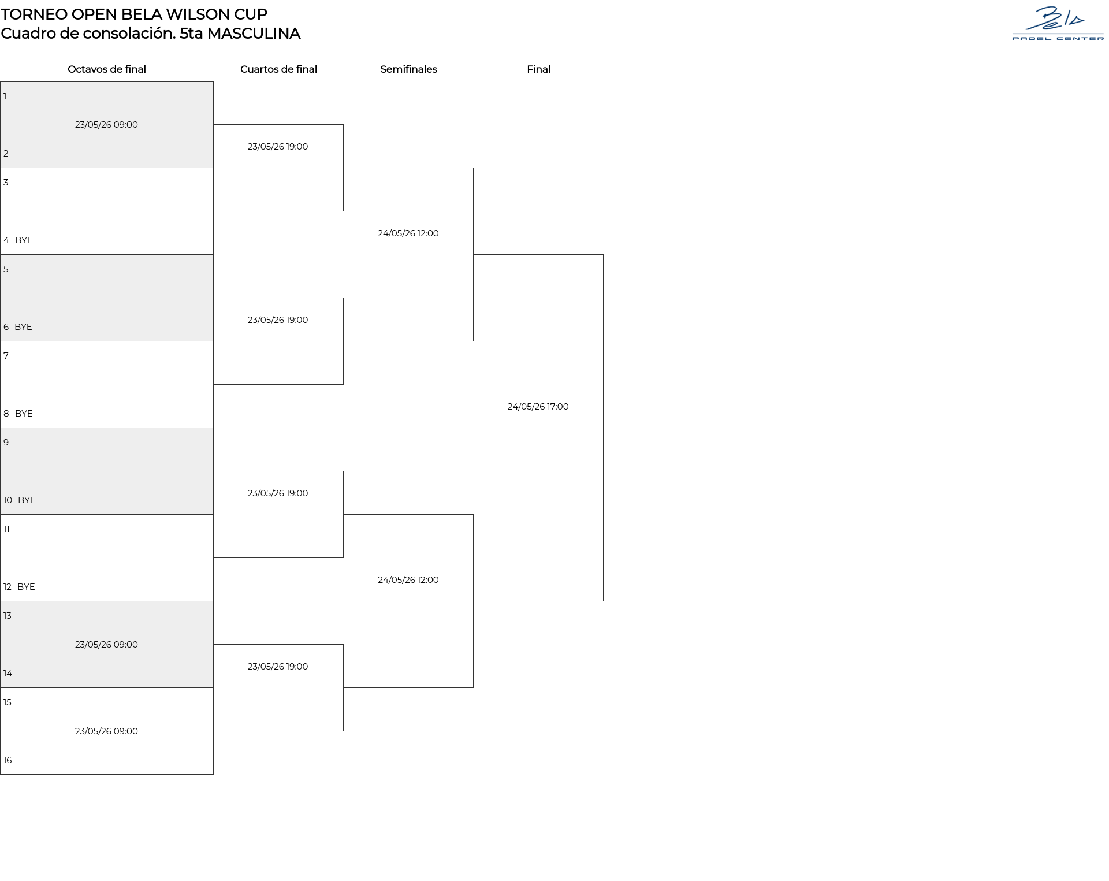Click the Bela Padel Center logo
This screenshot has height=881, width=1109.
point(1058,23)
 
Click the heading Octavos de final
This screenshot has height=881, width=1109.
point(107,69)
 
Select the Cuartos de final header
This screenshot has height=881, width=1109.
point(278,69)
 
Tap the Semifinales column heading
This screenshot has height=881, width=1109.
point(408,69)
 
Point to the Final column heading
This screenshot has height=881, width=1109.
point(538,69)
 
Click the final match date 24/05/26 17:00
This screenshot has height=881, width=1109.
point(538,407)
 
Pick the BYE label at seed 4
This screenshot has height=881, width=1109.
point(24,240)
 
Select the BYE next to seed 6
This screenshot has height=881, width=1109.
point(23,327)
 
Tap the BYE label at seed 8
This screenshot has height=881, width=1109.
point(24,414)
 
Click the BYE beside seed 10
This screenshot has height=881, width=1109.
point(27,500)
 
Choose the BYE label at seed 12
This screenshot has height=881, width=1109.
point(26,587)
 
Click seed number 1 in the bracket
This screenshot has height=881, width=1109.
point(5,96)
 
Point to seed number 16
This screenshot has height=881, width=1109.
point(8,760)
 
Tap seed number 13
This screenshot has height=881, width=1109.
point(8,616)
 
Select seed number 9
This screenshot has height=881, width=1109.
point(6,443)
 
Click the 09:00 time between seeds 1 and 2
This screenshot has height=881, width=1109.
point(126,125)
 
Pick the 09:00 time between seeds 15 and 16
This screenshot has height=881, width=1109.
point(126,731)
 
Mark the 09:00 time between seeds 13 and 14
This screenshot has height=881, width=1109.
point(126,645)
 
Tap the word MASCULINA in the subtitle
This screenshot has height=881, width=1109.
point(254,34)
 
